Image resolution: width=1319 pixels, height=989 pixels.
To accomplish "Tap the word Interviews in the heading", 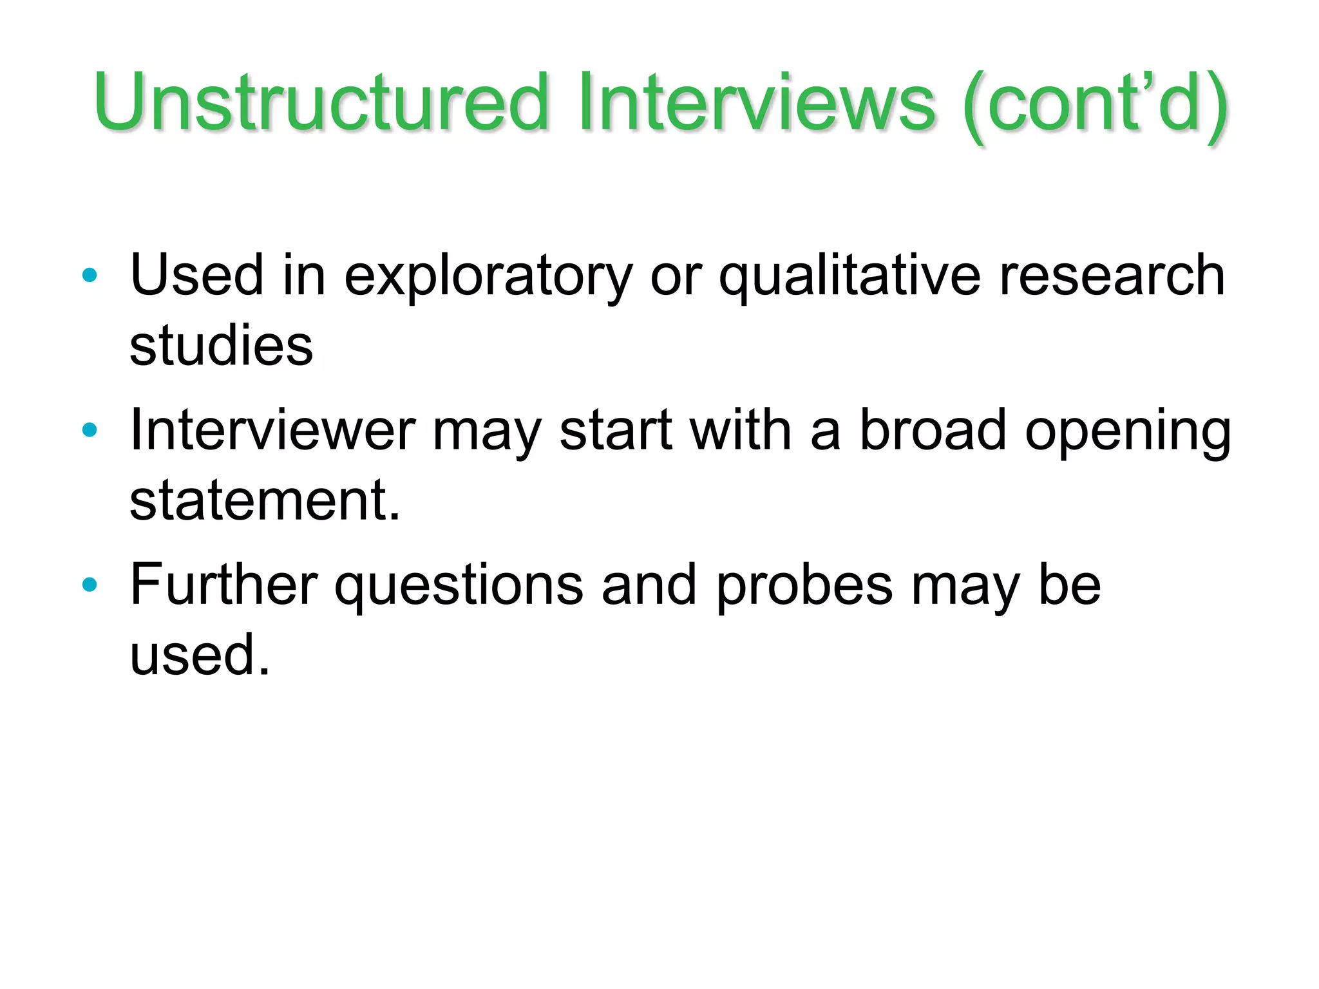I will [757, 102].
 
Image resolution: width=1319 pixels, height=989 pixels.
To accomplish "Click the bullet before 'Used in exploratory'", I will [90, 276].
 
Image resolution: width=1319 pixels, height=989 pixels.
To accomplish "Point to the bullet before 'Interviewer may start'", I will [90, 430].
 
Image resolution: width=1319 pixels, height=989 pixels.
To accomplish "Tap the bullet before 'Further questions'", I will [90, 585].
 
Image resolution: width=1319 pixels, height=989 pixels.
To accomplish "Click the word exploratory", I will [489, 277].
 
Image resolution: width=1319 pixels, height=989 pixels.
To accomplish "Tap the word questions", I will [459, 586].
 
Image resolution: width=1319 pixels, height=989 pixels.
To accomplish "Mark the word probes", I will [804, 586].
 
